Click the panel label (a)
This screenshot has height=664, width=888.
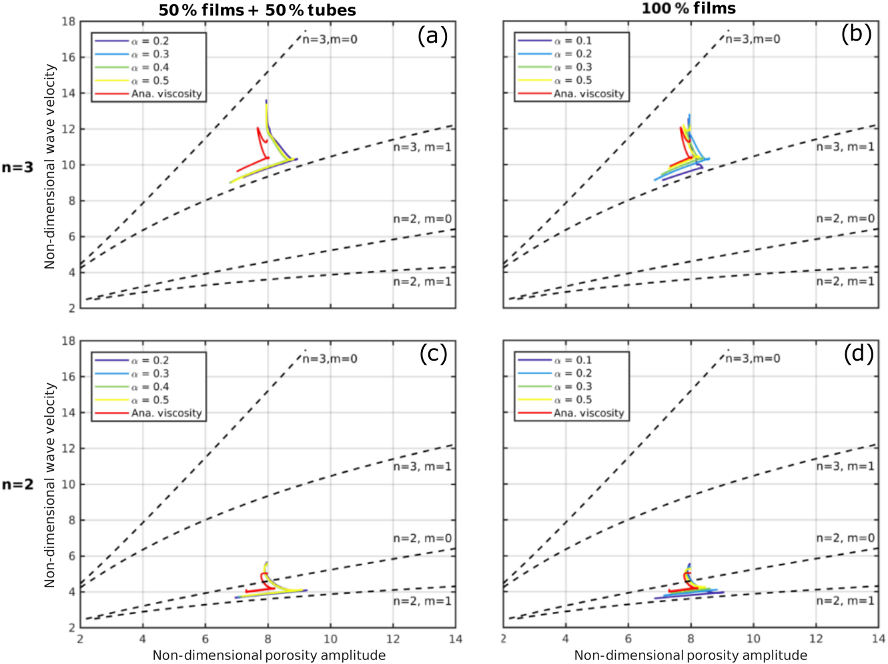(432, 35)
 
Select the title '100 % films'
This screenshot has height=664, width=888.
(689, 9)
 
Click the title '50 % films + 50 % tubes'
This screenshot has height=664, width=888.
(257, 10)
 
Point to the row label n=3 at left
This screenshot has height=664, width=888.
(17, 167)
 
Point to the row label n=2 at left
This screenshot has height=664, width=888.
(17, 485)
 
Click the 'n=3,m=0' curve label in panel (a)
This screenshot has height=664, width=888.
(330, 39)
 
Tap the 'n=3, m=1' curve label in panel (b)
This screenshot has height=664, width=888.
(845, 147)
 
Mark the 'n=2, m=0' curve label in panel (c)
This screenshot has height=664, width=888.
(422, 538)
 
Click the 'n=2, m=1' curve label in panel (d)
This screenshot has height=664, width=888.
(845, 601)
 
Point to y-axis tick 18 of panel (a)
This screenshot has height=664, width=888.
(69, 21)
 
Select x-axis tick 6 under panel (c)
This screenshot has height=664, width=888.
(205, 639)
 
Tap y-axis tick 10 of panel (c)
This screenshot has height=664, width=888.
(69, 485)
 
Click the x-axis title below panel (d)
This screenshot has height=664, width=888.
(691, 655)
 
